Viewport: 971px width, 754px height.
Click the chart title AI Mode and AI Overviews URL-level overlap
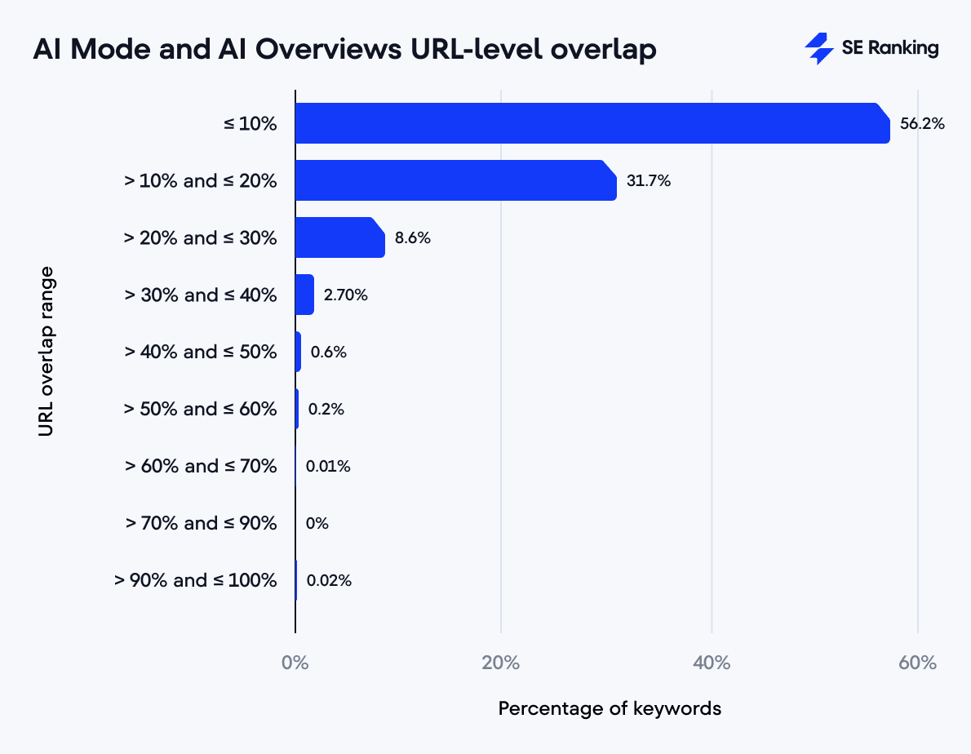pyautogui.click(x=344, y=50)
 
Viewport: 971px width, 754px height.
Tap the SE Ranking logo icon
pyautogui.click(x=818, y=49)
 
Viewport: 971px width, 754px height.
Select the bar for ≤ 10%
pyautogui.click(x=592, y=123)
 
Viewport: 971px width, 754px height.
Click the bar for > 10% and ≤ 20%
pyautogui.click(x=455, y=180)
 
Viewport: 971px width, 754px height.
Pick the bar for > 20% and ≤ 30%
pyautogui.click(x=339, y=237)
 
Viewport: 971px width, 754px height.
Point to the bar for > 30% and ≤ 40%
pyautogui.click(x=304, y=295)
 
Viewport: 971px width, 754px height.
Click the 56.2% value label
pyautogui.click(x=922, y=124)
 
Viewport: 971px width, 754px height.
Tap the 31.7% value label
pyautogui.click(x=649, y=181)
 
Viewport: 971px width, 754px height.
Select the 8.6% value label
pyautogui.click(x=412, y=238)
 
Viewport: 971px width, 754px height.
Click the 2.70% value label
pyautogui.click(x=346, y=295)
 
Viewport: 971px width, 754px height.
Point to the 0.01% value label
pyautogui.click(x=328, y=467)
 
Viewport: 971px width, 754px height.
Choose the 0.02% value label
pyautogui.click(x=329, y=581)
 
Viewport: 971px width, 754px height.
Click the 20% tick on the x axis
pyautogui.click(x=501, y=663)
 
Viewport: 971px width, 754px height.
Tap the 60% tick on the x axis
pyautogui.click(x=917, y=663)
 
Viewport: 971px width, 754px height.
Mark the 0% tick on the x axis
pyautogui.click(x=295, y=663)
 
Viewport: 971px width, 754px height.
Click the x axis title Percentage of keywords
pyautogui.click(x=610, y=708)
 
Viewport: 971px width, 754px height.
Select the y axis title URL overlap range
pyautogui.click(x=47, y=351)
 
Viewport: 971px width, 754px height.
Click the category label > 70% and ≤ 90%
pyautogui.click(x=201, y=523)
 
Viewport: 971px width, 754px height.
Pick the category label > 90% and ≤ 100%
pyautogui.click(x=196, y=580)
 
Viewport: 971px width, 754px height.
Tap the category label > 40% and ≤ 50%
pyautogui.click(x=201, y=352)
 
